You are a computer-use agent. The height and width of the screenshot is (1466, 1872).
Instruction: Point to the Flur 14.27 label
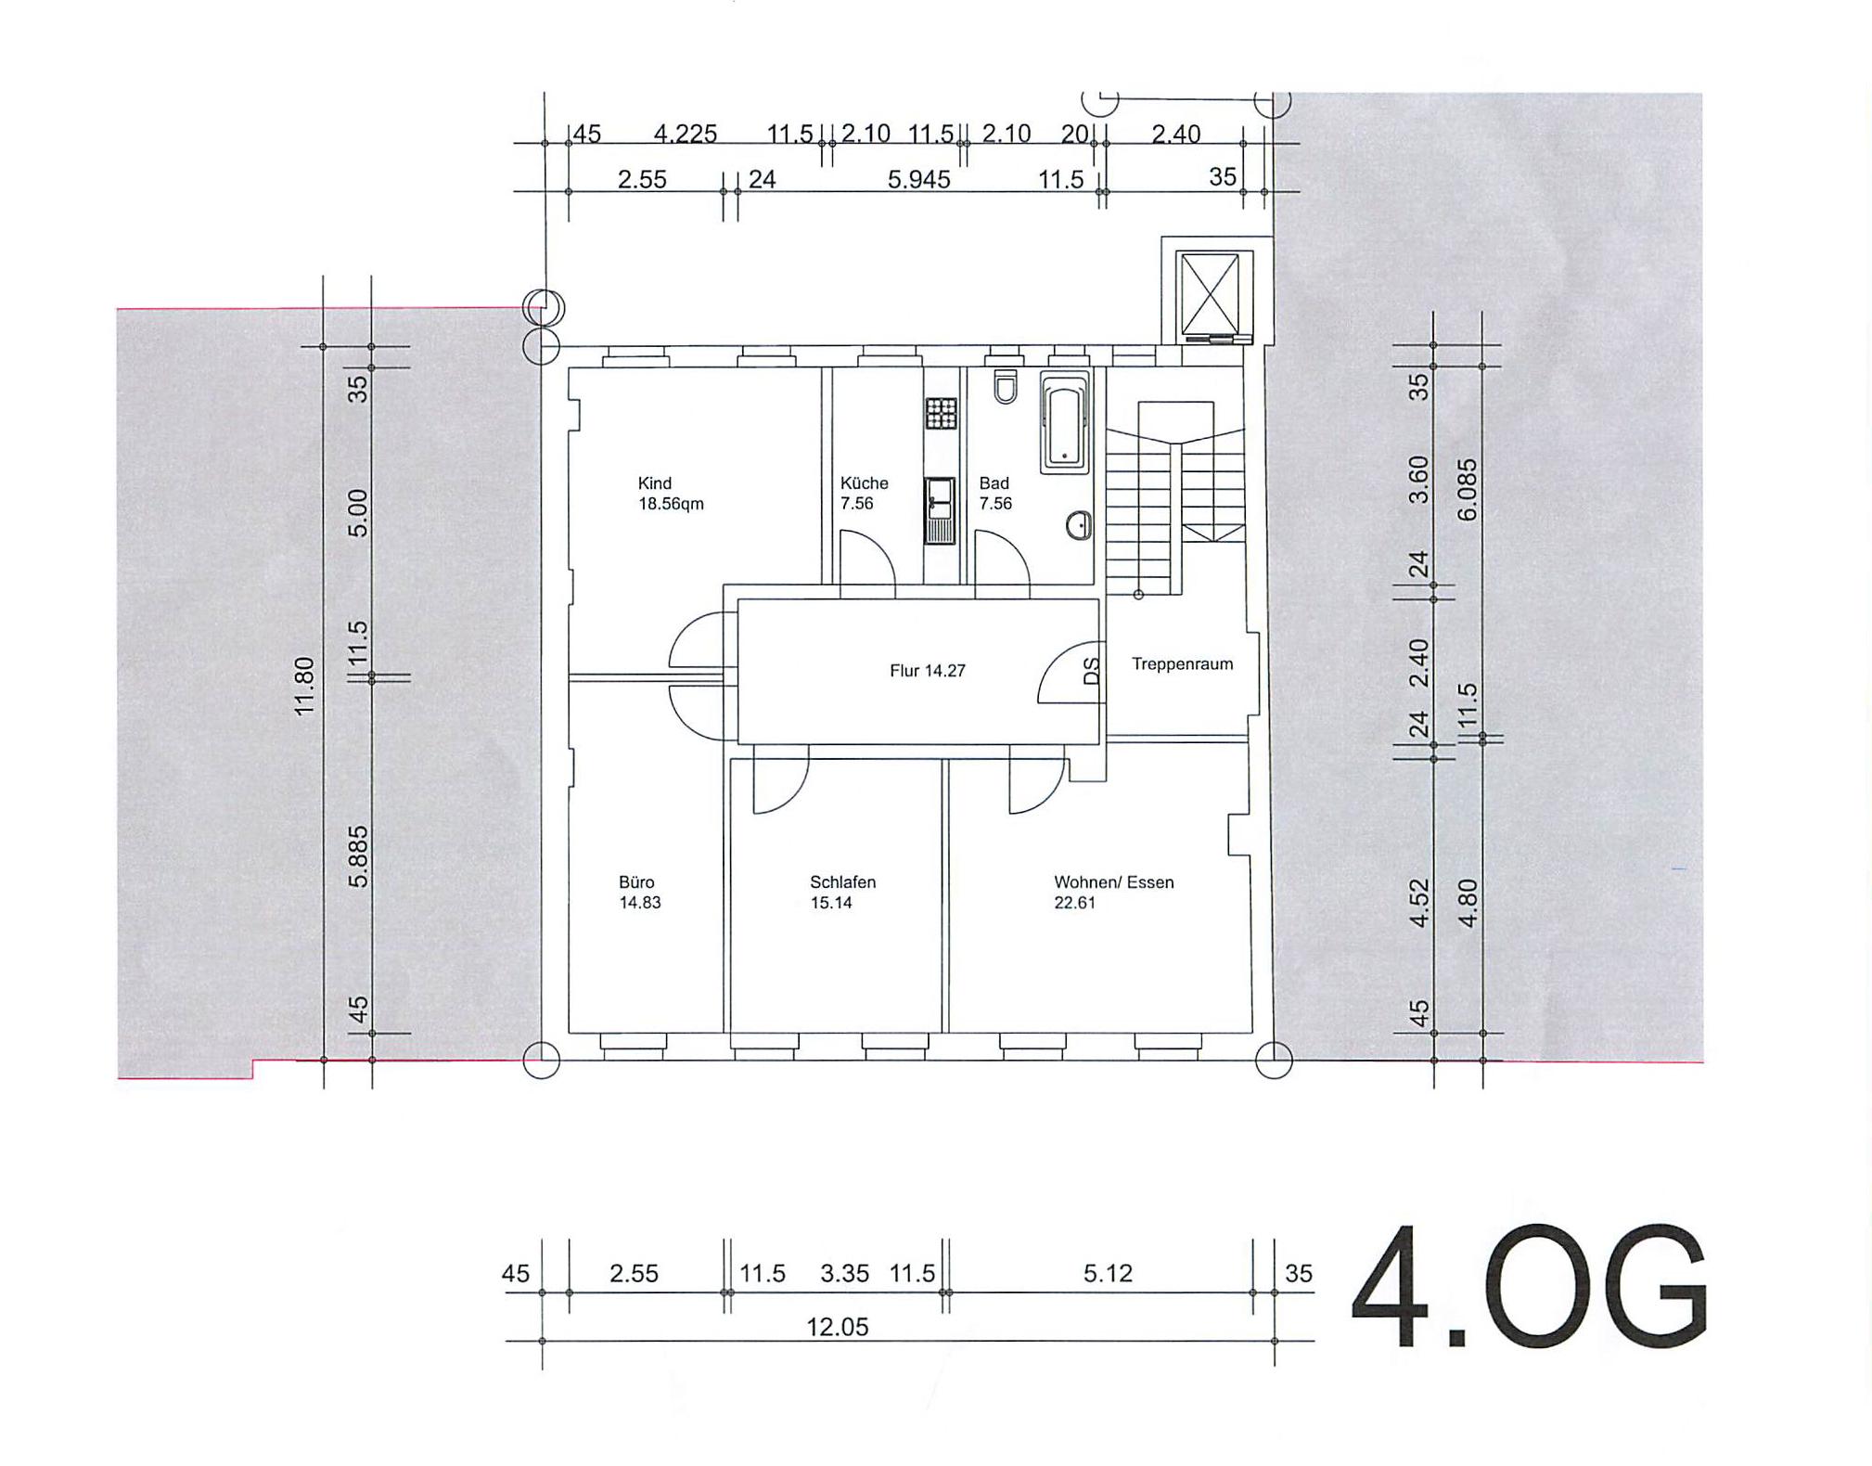(x=927, y=670)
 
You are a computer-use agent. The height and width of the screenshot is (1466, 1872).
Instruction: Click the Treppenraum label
(x=1182, y=663)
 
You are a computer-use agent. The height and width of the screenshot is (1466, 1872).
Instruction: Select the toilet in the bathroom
(x=1005, y=387)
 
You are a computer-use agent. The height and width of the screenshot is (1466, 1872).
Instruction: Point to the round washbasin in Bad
(x=1078, y=526)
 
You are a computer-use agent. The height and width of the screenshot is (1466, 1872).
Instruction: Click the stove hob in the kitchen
(x=941, y=413)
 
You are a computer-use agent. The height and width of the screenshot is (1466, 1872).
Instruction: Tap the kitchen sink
(x=940, y=510)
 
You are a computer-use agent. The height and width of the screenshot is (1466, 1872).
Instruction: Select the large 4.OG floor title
(x=1528, y=1287)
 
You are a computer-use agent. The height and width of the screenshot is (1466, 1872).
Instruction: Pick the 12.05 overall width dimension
(x=837, y=1327)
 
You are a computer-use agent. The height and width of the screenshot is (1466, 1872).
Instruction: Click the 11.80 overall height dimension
(x=304, y=686)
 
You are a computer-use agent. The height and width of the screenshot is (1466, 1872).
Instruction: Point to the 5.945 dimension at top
(x=918, y=179)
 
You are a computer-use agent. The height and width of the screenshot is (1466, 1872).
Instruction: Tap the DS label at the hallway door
(x=1092, y=670)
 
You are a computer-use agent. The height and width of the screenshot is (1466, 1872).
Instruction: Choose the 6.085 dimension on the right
(x=1467, y=489)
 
